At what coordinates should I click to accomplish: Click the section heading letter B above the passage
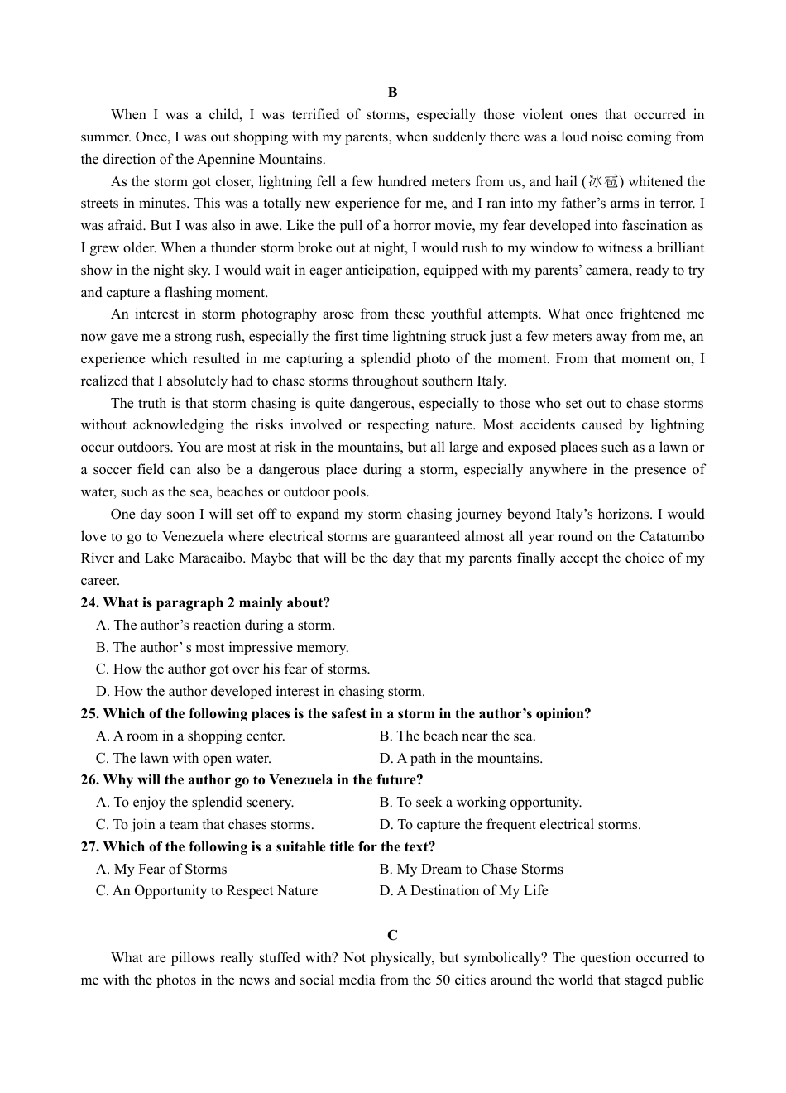[x=392, y=92]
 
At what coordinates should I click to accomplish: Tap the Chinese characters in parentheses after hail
[x=603, y=181]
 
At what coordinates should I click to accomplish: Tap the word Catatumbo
[x=670, y=536]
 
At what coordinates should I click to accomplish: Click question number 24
[x=90, y=602]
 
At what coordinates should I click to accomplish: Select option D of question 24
[x=261, y=691]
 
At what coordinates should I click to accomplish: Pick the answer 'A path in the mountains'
[x=462, y=758]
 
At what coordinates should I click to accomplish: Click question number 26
[x=90, y=779]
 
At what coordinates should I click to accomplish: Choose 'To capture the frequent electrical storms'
[x=510, y=824]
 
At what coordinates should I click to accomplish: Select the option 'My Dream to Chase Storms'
[x=472, y=869]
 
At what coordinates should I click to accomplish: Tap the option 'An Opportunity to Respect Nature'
[x=207, y=890]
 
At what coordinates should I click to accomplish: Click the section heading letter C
[x=392, y=935]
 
